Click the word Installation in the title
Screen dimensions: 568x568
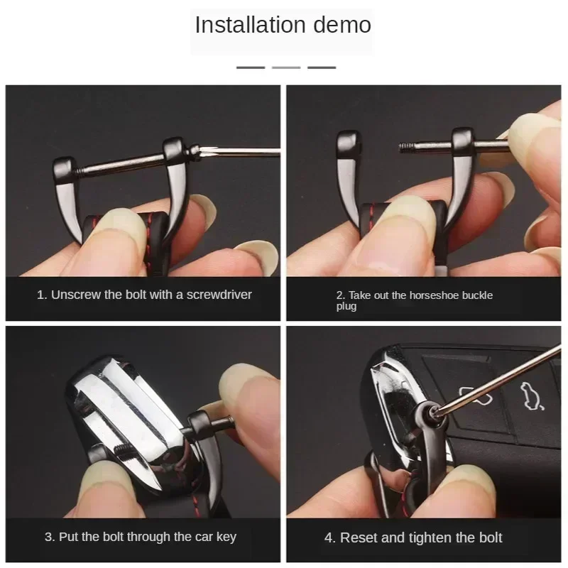[251, 25]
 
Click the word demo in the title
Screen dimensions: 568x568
[342, 25]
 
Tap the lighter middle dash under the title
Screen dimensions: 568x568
[286, 67]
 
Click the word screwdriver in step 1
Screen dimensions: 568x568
[219, 295]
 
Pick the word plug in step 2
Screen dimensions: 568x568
[346, 307]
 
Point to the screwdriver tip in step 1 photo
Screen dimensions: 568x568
[203, 150]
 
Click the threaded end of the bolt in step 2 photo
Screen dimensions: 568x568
[406, 147]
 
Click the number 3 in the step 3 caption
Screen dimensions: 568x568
[48, 537]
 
